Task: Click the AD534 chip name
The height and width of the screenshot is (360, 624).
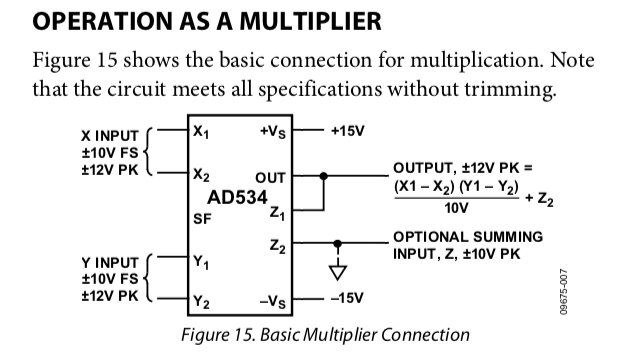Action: click(237, 197)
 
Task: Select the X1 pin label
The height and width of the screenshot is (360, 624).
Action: click(201, 132)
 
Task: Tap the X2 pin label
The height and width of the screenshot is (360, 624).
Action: click(201, 175)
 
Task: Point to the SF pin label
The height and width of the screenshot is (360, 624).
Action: click(202, 219)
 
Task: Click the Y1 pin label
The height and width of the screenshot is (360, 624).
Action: click(201, 262)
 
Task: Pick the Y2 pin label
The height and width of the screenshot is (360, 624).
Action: click(201, 302)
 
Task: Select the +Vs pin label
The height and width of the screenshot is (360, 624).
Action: click(273, 132)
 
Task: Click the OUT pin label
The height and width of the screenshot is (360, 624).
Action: click(271, 178)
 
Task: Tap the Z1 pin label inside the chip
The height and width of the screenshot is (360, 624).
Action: click(277, 214)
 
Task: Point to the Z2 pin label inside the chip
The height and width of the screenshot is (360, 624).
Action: click(278, 247)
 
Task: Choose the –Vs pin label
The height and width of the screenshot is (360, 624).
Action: click(273, 302)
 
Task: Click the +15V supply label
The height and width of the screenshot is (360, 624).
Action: click(347, 131)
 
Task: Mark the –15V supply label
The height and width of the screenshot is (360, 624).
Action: click(347, 298)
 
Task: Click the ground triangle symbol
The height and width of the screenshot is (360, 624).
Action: click(337, 272)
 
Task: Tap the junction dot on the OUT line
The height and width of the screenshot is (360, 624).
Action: click(324, 176)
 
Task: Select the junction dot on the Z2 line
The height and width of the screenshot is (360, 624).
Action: click(337, 243)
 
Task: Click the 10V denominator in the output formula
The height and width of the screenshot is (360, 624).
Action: click(456, 208)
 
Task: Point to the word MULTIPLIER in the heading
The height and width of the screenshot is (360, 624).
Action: click(310, 21)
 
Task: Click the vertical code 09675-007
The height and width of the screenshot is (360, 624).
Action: click(563, 292)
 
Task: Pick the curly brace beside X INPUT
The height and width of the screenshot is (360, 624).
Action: click(147, 152)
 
